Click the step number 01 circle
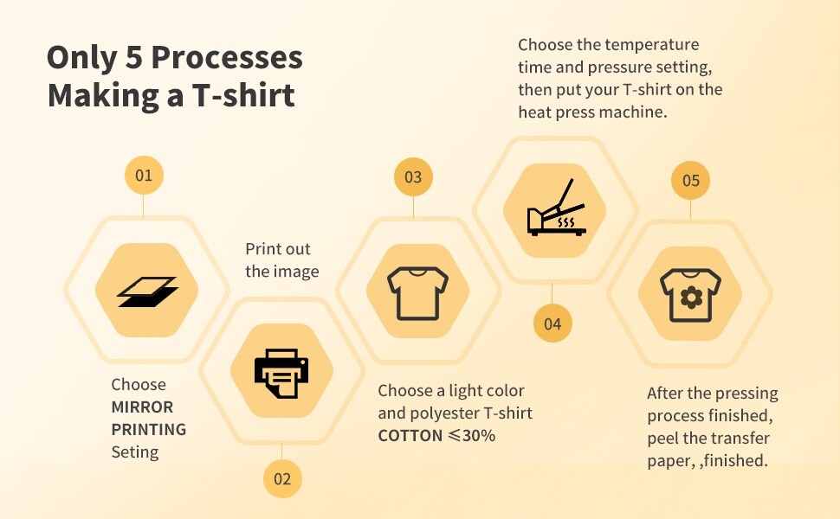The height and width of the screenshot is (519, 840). click(144, 175)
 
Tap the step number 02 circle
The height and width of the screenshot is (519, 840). click(282, 478)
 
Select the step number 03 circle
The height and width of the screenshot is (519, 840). click(413, 176)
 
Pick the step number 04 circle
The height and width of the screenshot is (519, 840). click(552, 324)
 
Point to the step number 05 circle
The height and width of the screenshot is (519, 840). click(690, 180)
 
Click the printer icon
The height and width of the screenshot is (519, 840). click(281, 373)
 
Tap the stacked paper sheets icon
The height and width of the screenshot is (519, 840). click(147, 292)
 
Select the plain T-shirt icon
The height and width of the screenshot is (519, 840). click(418, 293)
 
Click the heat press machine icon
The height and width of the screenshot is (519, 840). click(557, 208)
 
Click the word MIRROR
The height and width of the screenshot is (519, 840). click(143, 407)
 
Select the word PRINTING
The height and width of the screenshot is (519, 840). click(149, 430)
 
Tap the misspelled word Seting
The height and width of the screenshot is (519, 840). click(135, 452)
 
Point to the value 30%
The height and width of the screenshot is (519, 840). click(479, 436)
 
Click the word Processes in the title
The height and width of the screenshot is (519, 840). click(227, 57)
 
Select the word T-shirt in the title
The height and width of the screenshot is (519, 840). click(243, 95)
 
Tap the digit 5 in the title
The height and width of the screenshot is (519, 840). click(134, 58)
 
